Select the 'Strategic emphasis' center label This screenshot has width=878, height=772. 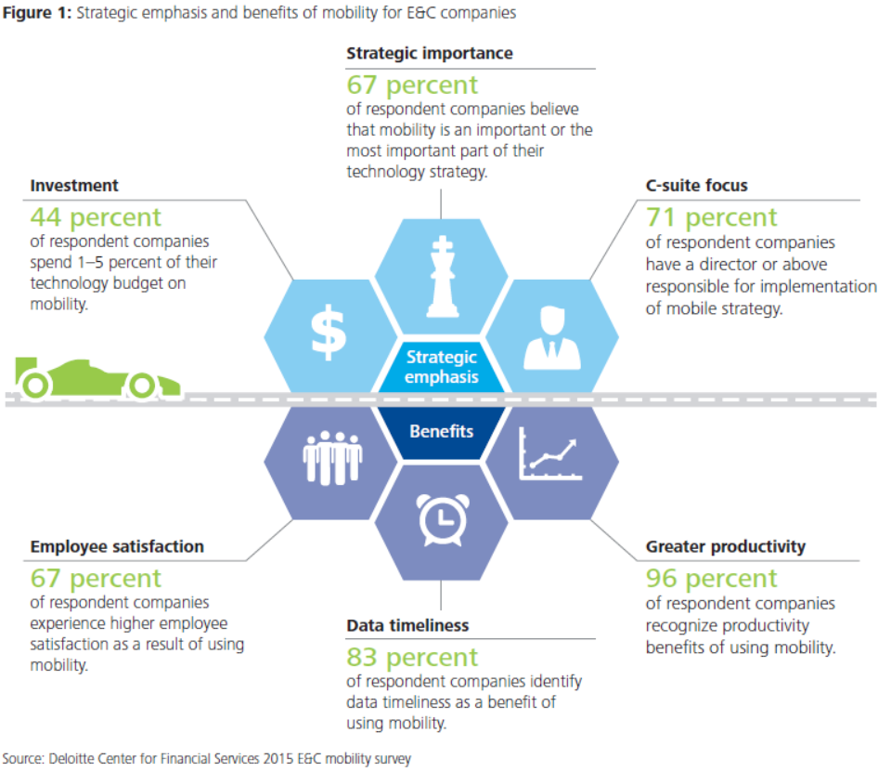pos(441,367)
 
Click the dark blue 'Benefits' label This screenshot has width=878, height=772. pos(441,431)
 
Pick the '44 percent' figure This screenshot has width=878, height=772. pos(96,217)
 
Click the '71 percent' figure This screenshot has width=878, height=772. pos(711,217)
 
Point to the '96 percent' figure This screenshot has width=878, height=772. pos(711,578)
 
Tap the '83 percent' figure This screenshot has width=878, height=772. pos(412,657)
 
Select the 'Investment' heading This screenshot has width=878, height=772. pos(74,186)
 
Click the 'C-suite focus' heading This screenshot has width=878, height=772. pos(696,186)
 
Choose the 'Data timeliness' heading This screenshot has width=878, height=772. pos(407,626)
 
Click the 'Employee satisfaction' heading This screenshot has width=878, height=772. pos(117,546)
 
